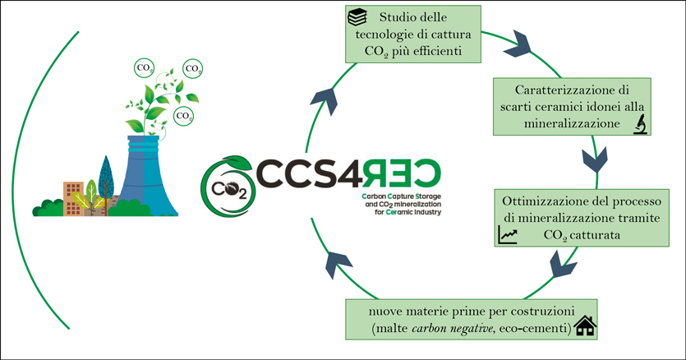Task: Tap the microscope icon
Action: pyautogui.click(x=638, y=124)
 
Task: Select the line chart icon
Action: pyautogui.click(x=507, y=237)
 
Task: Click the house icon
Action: pyautogui.click(x=584, y=325)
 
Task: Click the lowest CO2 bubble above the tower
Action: pyautogui.click(x=186, y=117)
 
